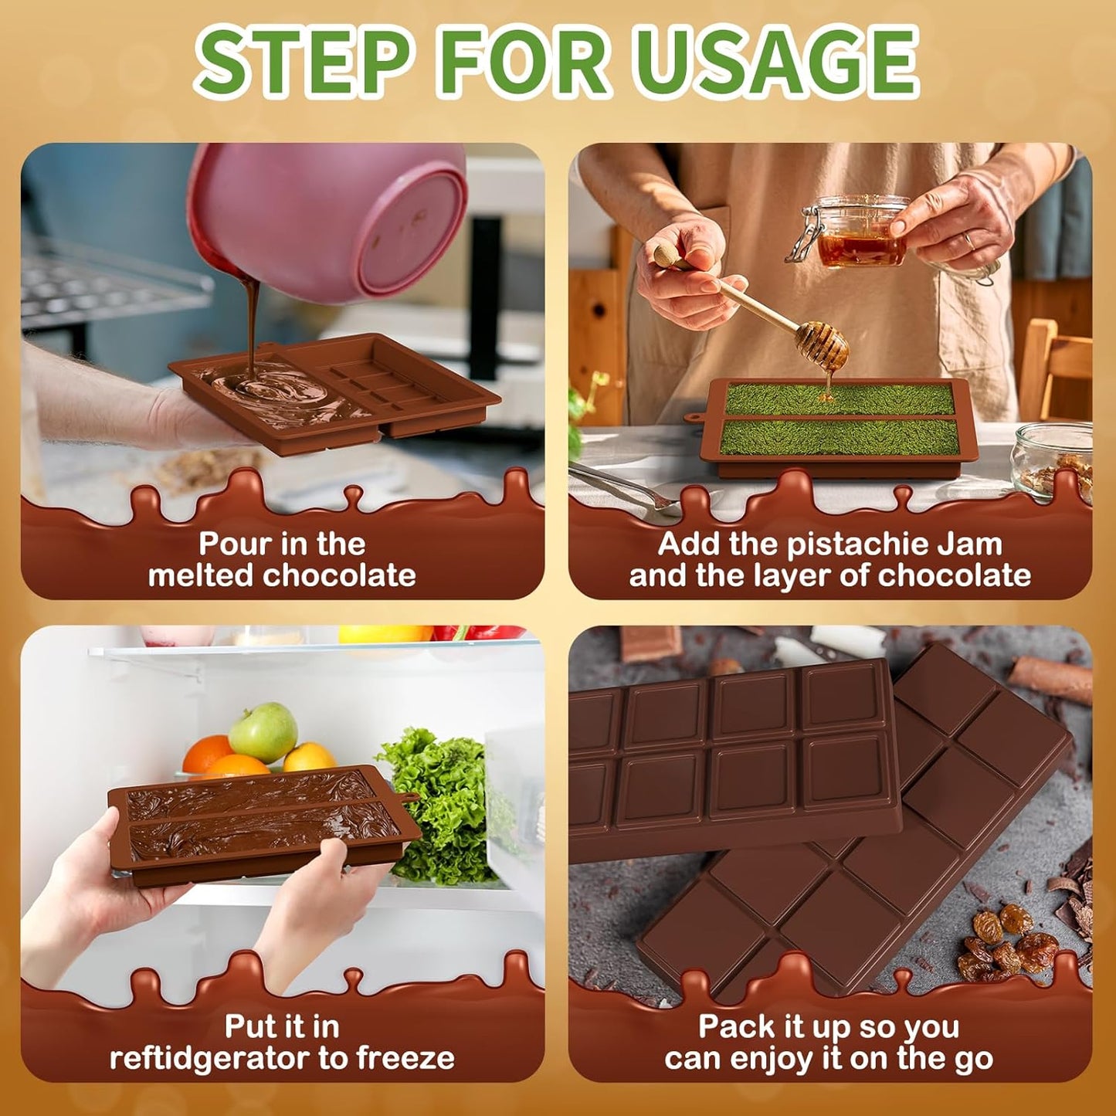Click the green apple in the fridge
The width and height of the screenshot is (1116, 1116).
263,731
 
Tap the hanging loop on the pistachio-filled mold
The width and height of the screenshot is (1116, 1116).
694,418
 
